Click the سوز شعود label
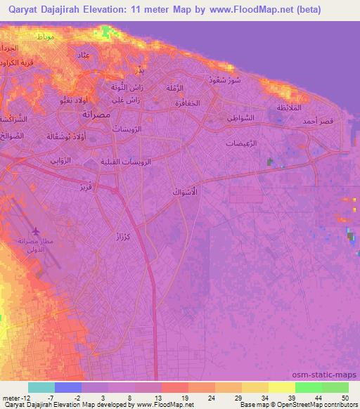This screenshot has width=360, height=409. click(226, 79)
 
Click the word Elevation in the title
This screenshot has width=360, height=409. click(120, 10)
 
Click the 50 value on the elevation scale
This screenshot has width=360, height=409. click(345, 397)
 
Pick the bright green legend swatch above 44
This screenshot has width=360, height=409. click(309, 387)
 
